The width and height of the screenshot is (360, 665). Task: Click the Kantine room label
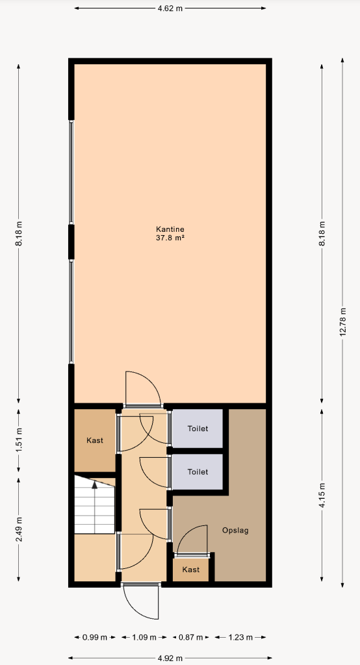coord(170,229)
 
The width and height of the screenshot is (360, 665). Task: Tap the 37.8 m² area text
coord(170,238)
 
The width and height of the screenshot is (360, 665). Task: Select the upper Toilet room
coord(198,429)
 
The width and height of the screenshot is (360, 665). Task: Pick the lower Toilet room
coord(198,471)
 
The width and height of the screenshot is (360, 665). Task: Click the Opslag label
coord(235,530)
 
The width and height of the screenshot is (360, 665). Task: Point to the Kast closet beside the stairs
coord(95,441)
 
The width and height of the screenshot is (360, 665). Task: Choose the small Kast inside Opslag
coord(190,570)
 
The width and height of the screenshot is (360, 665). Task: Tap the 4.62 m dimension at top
coord(170,8)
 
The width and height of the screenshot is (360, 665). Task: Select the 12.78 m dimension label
coord(342,322)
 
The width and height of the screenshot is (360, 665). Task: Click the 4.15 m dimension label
coord(322,495)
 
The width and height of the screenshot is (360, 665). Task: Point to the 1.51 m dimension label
coord(19,441)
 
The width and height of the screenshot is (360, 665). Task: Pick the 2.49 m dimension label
coord(19,529)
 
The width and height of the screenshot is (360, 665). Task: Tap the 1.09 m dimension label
coord(144,637)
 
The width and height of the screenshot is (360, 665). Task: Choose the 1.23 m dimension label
coord(240,637)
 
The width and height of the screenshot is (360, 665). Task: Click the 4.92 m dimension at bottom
coord(170,659)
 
